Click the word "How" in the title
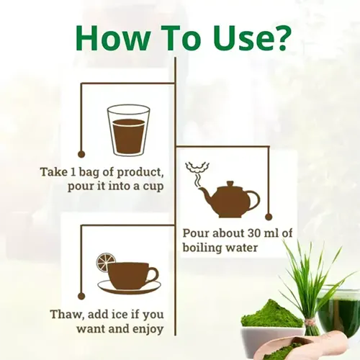point(112,39)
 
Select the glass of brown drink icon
point(128,130)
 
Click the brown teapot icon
point(229,199)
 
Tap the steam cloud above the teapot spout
point(197,167)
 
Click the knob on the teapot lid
point(230,184)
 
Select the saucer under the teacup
point(129,286)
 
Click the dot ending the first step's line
point(81,154)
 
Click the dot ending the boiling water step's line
point(269,217)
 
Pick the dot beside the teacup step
point(81,296)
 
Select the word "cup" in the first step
point(153,186)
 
